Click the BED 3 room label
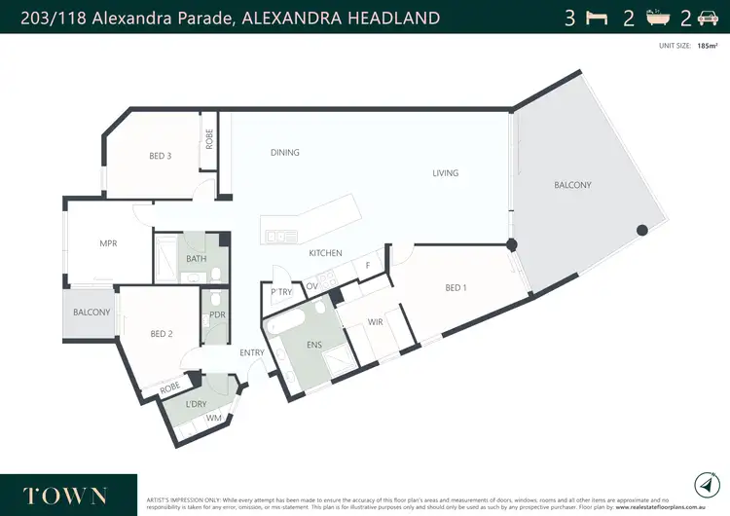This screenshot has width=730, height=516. (x=161, y=157)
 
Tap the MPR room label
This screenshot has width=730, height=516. (x=108, y=243)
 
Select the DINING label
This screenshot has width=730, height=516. (x=284, y=152)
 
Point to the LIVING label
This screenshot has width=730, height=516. (x=446, y=173)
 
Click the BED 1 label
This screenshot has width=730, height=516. (x=457, y=287)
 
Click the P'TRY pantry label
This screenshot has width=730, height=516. (x=282, y=292)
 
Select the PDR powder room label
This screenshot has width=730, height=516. (x=217, y=314)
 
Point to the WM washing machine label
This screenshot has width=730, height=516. (x=212, y=418)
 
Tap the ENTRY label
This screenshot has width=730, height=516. (x=251, y=353)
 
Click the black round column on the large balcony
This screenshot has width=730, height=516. (x=641, y=231)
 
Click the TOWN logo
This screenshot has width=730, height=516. (x=66, y=495)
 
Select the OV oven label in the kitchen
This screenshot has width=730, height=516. (x=311, y=285)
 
